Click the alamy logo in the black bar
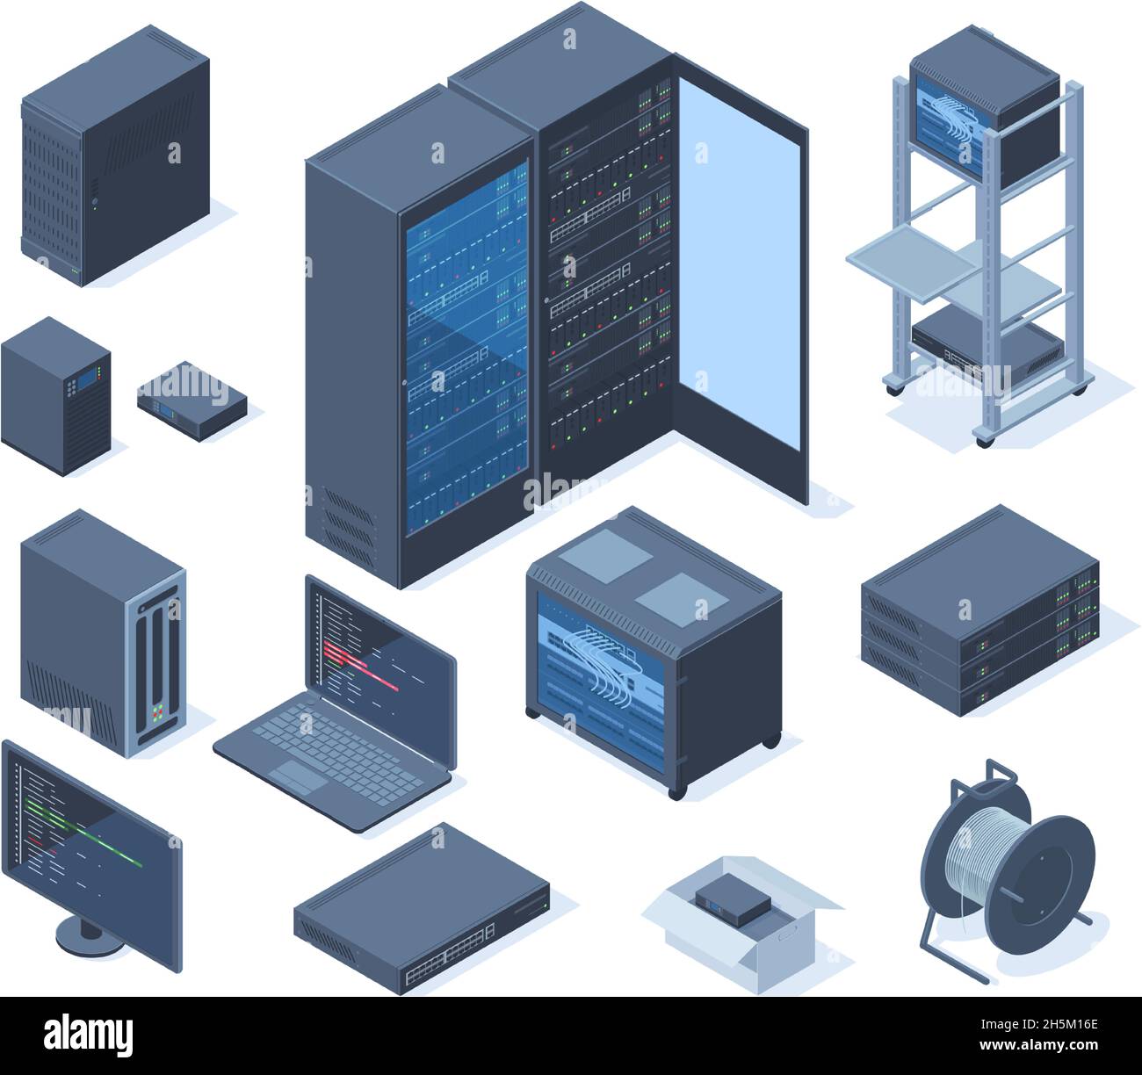pyautogui.click(x=89, y=1035)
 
